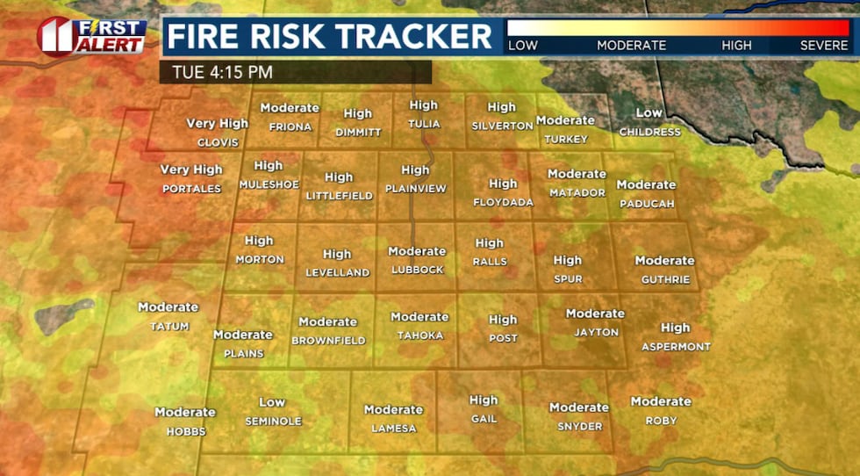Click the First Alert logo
(x=91, y=36)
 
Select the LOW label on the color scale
(x=523, y=46)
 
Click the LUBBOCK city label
(x=418, y=270)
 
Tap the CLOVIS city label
(x=218, y=142)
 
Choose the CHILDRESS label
(x=649, y=132)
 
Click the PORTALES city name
(x=191, y=189)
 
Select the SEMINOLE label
(x=273, y=422)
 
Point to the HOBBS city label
(x=185, y=431)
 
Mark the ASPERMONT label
(x=676, y=347)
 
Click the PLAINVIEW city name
(x=416, y=189)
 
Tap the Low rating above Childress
(x=649, y=112)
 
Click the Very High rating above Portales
(x=191, y=169)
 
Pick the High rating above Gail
(x=484, y=400)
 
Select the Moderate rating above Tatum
(x=168, y=307)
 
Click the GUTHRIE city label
(x=664, y=279)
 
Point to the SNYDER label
(x=579, y=427)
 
